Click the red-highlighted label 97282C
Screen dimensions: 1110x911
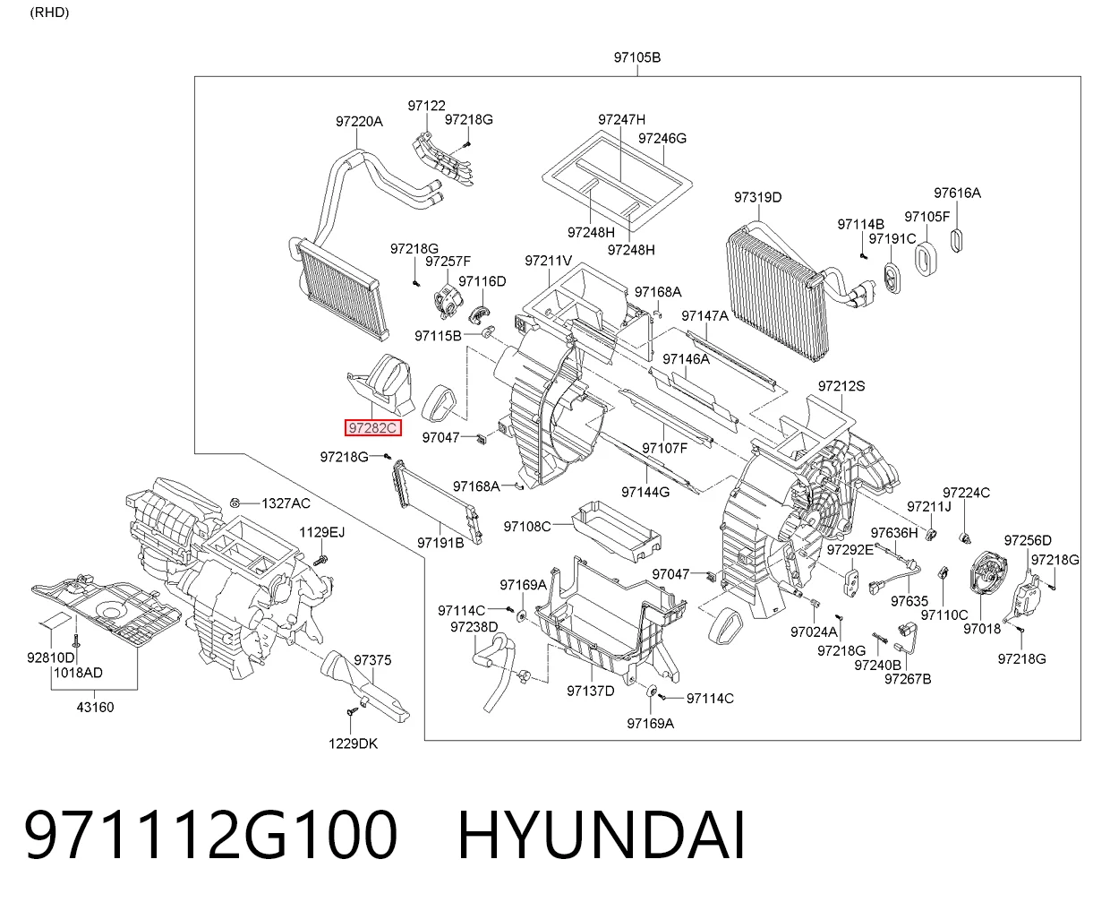pos(372,427)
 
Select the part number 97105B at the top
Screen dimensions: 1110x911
pos(636,56)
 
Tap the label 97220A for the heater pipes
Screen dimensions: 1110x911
pos(359,122)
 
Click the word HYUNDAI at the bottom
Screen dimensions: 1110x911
pos(601,835)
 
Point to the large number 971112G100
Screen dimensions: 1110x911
pos(210,835)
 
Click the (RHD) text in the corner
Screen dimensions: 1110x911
pos(49,13)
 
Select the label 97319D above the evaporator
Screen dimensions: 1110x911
pos(757,197)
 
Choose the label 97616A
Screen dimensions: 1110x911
pos(957,193)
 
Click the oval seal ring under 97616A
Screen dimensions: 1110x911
pos(956,240)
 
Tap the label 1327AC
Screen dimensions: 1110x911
pos(286,503)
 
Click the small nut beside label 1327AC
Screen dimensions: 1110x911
pos(235,503)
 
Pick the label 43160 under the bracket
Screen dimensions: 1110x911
pos(95,707)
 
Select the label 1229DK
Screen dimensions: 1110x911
pos(354,743)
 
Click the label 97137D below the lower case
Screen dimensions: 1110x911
pos(591,691)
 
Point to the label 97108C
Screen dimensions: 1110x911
pos(527,526)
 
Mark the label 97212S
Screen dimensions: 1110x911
pos(841,386)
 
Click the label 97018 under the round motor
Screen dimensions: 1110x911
pos(982,628)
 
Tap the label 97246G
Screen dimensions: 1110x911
pos(662,138)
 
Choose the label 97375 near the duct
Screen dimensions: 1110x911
pos(372,660)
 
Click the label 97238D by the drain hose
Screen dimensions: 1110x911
pos(474,627)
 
